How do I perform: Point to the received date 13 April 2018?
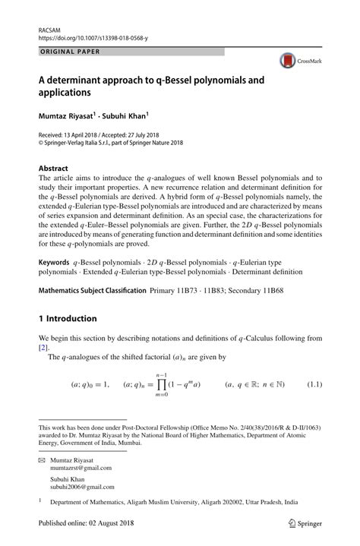(84, 131)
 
